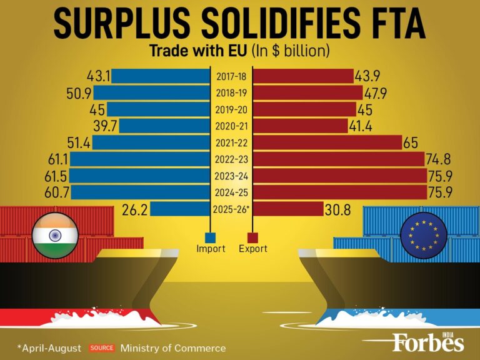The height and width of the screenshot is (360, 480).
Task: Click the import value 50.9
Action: (80, 93)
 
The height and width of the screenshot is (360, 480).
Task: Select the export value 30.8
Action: (339, 209)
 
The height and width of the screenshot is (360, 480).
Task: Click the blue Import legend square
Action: (211, 237)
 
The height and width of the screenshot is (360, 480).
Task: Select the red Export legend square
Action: (252, 237)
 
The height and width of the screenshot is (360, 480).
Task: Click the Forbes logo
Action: (428, 342)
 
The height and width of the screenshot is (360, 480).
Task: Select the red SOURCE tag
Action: (102, 347)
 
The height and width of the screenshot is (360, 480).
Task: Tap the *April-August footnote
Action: (49, 347)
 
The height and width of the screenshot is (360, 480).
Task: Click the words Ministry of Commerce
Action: (173, 347)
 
